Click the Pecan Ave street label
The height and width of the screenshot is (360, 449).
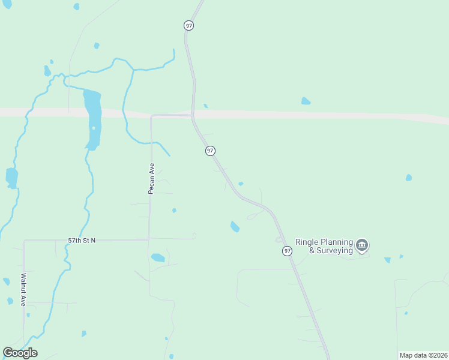point(151,178)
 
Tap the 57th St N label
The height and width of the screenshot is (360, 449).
point(82,240)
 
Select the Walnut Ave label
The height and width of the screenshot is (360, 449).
point(23,290)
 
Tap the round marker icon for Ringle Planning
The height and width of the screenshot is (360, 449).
point(362,245)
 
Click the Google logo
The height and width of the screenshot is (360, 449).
point(20,353)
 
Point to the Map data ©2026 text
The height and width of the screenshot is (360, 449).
point(423,355)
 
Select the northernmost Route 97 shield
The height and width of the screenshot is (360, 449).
point(189,25)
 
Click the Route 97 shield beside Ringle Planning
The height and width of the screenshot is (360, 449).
point(288,251)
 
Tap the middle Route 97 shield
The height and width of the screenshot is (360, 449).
point(210,151)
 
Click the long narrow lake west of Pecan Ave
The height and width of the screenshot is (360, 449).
point(92,114)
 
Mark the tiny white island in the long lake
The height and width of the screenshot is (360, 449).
point(93,128)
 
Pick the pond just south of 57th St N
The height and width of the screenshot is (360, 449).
point(158,258)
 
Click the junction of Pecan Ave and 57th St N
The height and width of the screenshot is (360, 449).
point(149,239)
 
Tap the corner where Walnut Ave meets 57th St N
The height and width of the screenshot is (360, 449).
point(24,241)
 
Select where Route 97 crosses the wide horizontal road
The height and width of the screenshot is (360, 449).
point(193,114)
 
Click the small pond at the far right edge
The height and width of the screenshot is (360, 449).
point(409,178)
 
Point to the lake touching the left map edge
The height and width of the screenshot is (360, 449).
point(11,178)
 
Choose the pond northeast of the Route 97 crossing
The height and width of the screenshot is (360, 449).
point(306,101)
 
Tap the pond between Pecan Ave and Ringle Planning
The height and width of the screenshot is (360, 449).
point(235,226)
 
